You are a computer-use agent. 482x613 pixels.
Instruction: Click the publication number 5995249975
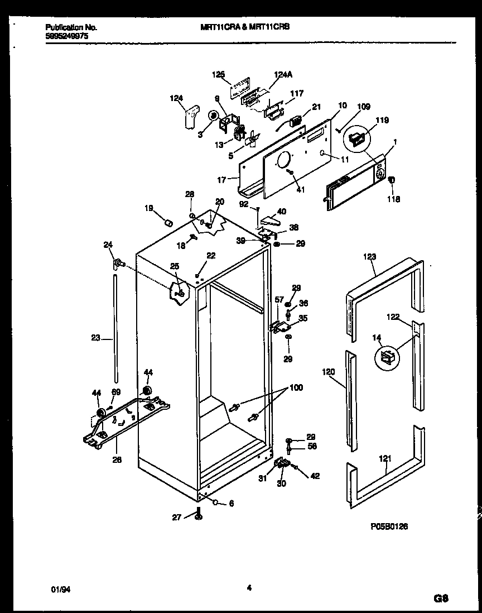(x=66, y=35)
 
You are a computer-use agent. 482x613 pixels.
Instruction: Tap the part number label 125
(x=219, y=74)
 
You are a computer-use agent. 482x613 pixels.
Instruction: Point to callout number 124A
(x=283, y=74)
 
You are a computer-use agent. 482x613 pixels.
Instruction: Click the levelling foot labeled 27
(x=198, y=514)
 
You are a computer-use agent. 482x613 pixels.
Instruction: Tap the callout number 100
(x=296, y=387)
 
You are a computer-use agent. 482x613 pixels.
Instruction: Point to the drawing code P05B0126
(x=389, y=526)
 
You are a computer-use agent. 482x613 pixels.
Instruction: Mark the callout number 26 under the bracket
(x=116, y=460)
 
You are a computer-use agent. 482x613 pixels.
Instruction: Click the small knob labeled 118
(x=392, y=180)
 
